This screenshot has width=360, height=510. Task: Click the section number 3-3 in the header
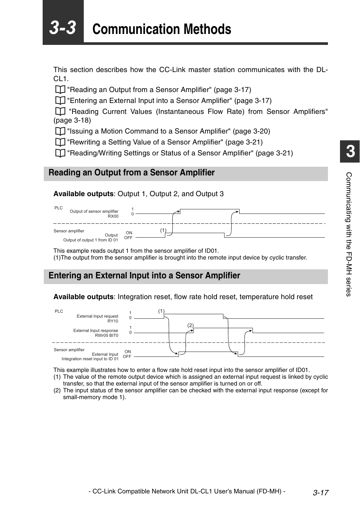(63, 28)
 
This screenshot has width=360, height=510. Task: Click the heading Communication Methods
(162, 29)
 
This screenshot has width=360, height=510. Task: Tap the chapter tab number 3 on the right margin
(350, 152)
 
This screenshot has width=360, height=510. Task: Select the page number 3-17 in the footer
(320, 493)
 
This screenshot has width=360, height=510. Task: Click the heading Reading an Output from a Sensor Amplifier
(131, 173)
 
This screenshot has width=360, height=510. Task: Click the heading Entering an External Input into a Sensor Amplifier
(144, 276)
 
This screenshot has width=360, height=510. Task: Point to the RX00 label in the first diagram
(113, 217)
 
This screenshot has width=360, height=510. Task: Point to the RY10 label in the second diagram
(112, 321)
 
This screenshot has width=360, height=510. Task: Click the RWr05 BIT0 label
(106, 335)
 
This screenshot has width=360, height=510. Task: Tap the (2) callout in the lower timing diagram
(190, 325)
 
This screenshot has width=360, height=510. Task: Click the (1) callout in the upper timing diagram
(163, 230)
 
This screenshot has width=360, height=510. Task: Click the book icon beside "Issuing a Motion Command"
(60, 131)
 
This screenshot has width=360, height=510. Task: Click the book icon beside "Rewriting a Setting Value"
(60, 142)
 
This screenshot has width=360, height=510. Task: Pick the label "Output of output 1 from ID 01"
(91, 240)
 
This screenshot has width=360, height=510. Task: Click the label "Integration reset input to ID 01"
(90, 359)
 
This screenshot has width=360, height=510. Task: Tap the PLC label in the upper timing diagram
(58, 208)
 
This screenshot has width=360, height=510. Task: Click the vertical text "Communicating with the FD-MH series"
(349, 234)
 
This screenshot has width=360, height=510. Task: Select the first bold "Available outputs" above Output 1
(83, 194)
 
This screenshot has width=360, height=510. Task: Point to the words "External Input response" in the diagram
(95, 330)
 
